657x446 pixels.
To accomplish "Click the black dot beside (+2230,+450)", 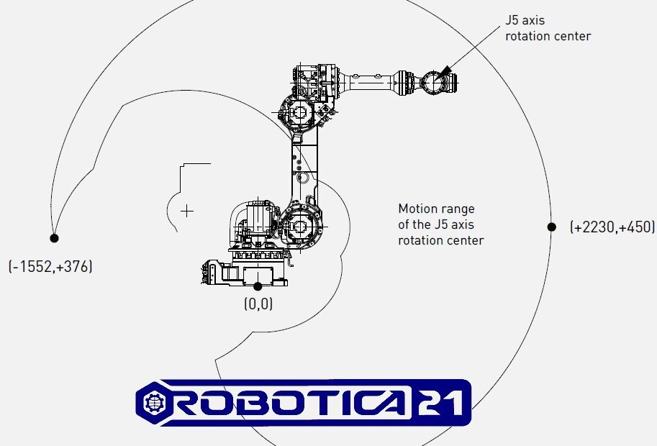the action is [551, 227].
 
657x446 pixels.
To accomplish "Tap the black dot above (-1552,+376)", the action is [54, 238].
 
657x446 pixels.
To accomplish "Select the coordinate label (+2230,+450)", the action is [612, 227].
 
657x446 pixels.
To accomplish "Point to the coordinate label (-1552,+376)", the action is [50, 266].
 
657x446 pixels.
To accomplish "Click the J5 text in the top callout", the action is [514, 20].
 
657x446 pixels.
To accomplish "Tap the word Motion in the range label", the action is [415, 209].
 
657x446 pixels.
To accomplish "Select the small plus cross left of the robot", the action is [187, 211].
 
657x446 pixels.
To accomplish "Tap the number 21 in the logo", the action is [440, 402].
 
